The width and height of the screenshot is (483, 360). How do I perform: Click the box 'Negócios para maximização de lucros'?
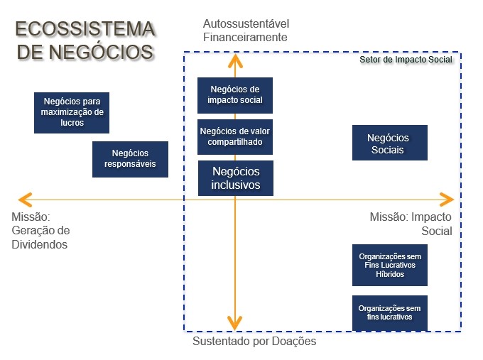tap(72, 112)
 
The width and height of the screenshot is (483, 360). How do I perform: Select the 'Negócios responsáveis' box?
tap(130, 159)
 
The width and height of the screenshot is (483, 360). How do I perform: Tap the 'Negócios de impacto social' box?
tap(235, 95)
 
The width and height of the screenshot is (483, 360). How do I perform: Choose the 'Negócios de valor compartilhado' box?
tap(235, 136)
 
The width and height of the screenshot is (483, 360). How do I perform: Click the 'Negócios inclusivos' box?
tap(235, 178)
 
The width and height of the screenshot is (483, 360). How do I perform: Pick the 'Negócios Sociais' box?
tap(389, 143)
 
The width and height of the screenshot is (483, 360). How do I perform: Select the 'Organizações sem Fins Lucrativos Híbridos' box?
tap(389, 264)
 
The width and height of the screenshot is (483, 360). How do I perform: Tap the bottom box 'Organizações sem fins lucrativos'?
tap(389, 313)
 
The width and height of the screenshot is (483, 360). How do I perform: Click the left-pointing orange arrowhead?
tap(24, 199)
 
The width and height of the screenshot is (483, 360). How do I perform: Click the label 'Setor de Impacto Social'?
tap(405, 60)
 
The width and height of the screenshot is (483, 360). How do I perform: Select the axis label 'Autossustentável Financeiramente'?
tap(245, 31)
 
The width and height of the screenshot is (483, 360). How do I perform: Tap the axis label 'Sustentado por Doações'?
tap(254, 342)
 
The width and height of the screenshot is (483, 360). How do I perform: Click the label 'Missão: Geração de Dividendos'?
tap(41, 231)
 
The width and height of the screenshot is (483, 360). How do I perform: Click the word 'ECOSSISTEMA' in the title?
tap(85, 29)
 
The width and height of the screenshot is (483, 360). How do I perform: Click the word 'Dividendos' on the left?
tap(39, 244)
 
